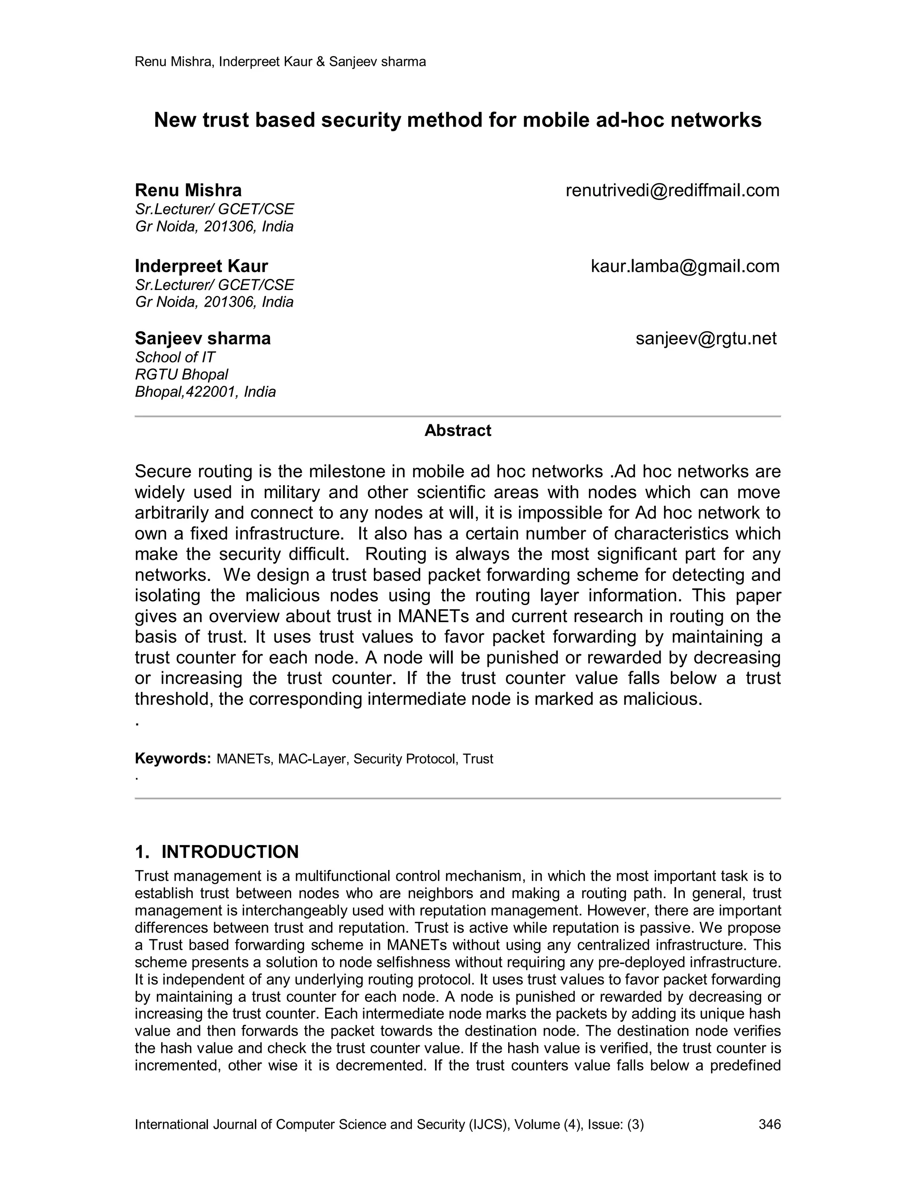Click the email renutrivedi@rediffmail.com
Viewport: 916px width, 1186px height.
pos(672,191)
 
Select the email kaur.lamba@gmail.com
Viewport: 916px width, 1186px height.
pos(685,266)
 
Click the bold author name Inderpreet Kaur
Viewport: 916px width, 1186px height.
pos(201,266)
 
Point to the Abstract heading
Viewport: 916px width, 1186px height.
pos(458,431)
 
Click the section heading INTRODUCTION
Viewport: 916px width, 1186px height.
pos(230,852)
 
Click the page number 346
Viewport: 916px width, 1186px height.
pos(769,1124)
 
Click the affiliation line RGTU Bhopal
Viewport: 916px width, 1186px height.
pos(181,374)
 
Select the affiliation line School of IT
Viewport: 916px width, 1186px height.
pos(175,357)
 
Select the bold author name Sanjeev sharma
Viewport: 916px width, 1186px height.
pos(203,338)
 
